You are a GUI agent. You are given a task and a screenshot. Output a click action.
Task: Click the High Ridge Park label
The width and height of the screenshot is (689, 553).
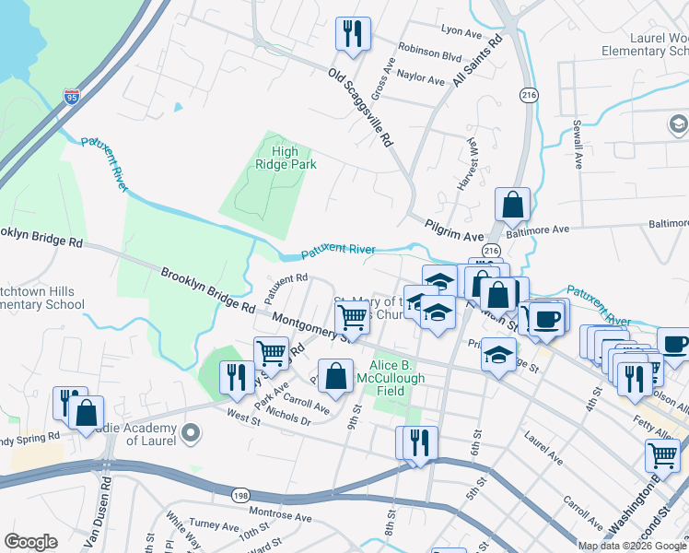point(286,158)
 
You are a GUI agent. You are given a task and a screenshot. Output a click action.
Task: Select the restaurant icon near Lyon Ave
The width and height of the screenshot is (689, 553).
point(353,34)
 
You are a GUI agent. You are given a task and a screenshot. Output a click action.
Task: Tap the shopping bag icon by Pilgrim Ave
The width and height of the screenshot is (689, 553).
point(513,205)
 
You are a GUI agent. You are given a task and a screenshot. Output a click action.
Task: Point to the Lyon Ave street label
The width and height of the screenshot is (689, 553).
point(461,32)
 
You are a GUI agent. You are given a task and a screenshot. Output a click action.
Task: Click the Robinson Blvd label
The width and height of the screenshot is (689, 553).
point(428,55)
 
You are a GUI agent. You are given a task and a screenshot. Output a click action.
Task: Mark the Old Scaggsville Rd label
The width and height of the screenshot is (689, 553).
point(361,109)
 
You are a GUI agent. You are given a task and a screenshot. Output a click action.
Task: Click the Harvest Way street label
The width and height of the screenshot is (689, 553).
point(467,163)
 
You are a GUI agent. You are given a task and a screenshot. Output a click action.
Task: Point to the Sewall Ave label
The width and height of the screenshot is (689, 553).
point(578,144)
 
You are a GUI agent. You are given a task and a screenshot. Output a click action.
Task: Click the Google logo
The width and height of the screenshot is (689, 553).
point(30,542)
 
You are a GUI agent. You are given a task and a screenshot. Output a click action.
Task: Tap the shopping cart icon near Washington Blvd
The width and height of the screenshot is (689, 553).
point(662,454)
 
